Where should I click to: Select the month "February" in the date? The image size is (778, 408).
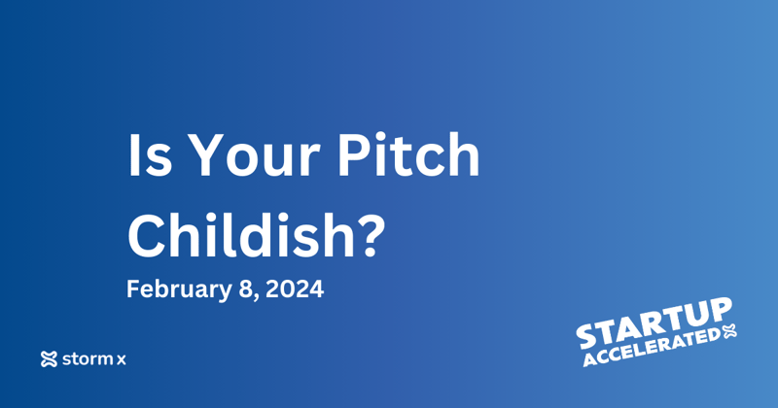(169, 289)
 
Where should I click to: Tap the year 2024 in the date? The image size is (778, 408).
(296, 289)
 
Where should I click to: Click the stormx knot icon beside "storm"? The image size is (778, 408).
(50, 359)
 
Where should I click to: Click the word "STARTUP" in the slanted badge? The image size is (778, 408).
(654, 321)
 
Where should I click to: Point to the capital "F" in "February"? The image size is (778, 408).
(133, 289)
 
